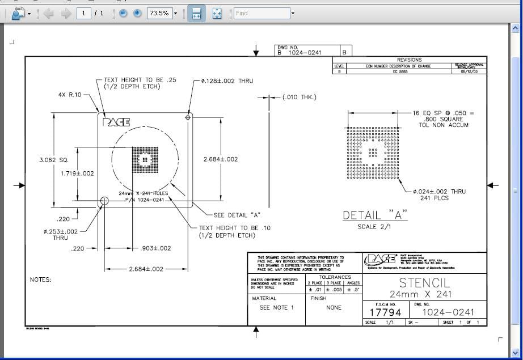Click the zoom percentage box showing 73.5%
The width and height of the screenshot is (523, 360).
coord(158,13)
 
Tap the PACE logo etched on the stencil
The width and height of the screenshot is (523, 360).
coord(116,122)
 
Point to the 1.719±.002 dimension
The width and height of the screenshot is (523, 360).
coord(77,173)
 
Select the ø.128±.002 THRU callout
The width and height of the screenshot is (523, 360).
coord(227,81)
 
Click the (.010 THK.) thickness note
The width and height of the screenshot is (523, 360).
coord(299,97)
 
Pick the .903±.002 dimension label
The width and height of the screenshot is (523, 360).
coord(155,248)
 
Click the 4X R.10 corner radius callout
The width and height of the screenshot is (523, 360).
coord(70,95)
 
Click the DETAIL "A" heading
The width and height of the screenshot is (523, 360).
coord(375,215)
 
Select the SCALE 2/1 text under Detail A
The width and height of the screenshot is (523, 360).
coord(375,227)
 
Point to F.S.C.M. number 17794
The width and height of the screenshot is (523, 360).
coord(385,312)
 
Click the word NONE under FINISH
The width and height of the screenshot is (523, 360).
coord(334,307)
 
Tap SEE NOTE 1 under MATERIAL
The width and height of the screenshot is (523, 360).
coord(277,307)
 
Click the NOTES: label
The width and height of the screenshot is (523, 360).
coord(40,279)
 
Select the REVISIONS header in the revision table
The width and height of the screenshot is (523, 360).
coord(409,60)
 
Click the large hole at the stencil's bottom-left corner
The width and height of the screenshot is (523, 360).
coord(104,201)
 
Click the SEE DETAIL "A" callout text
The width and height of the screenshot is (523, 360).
coord(237,215)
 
